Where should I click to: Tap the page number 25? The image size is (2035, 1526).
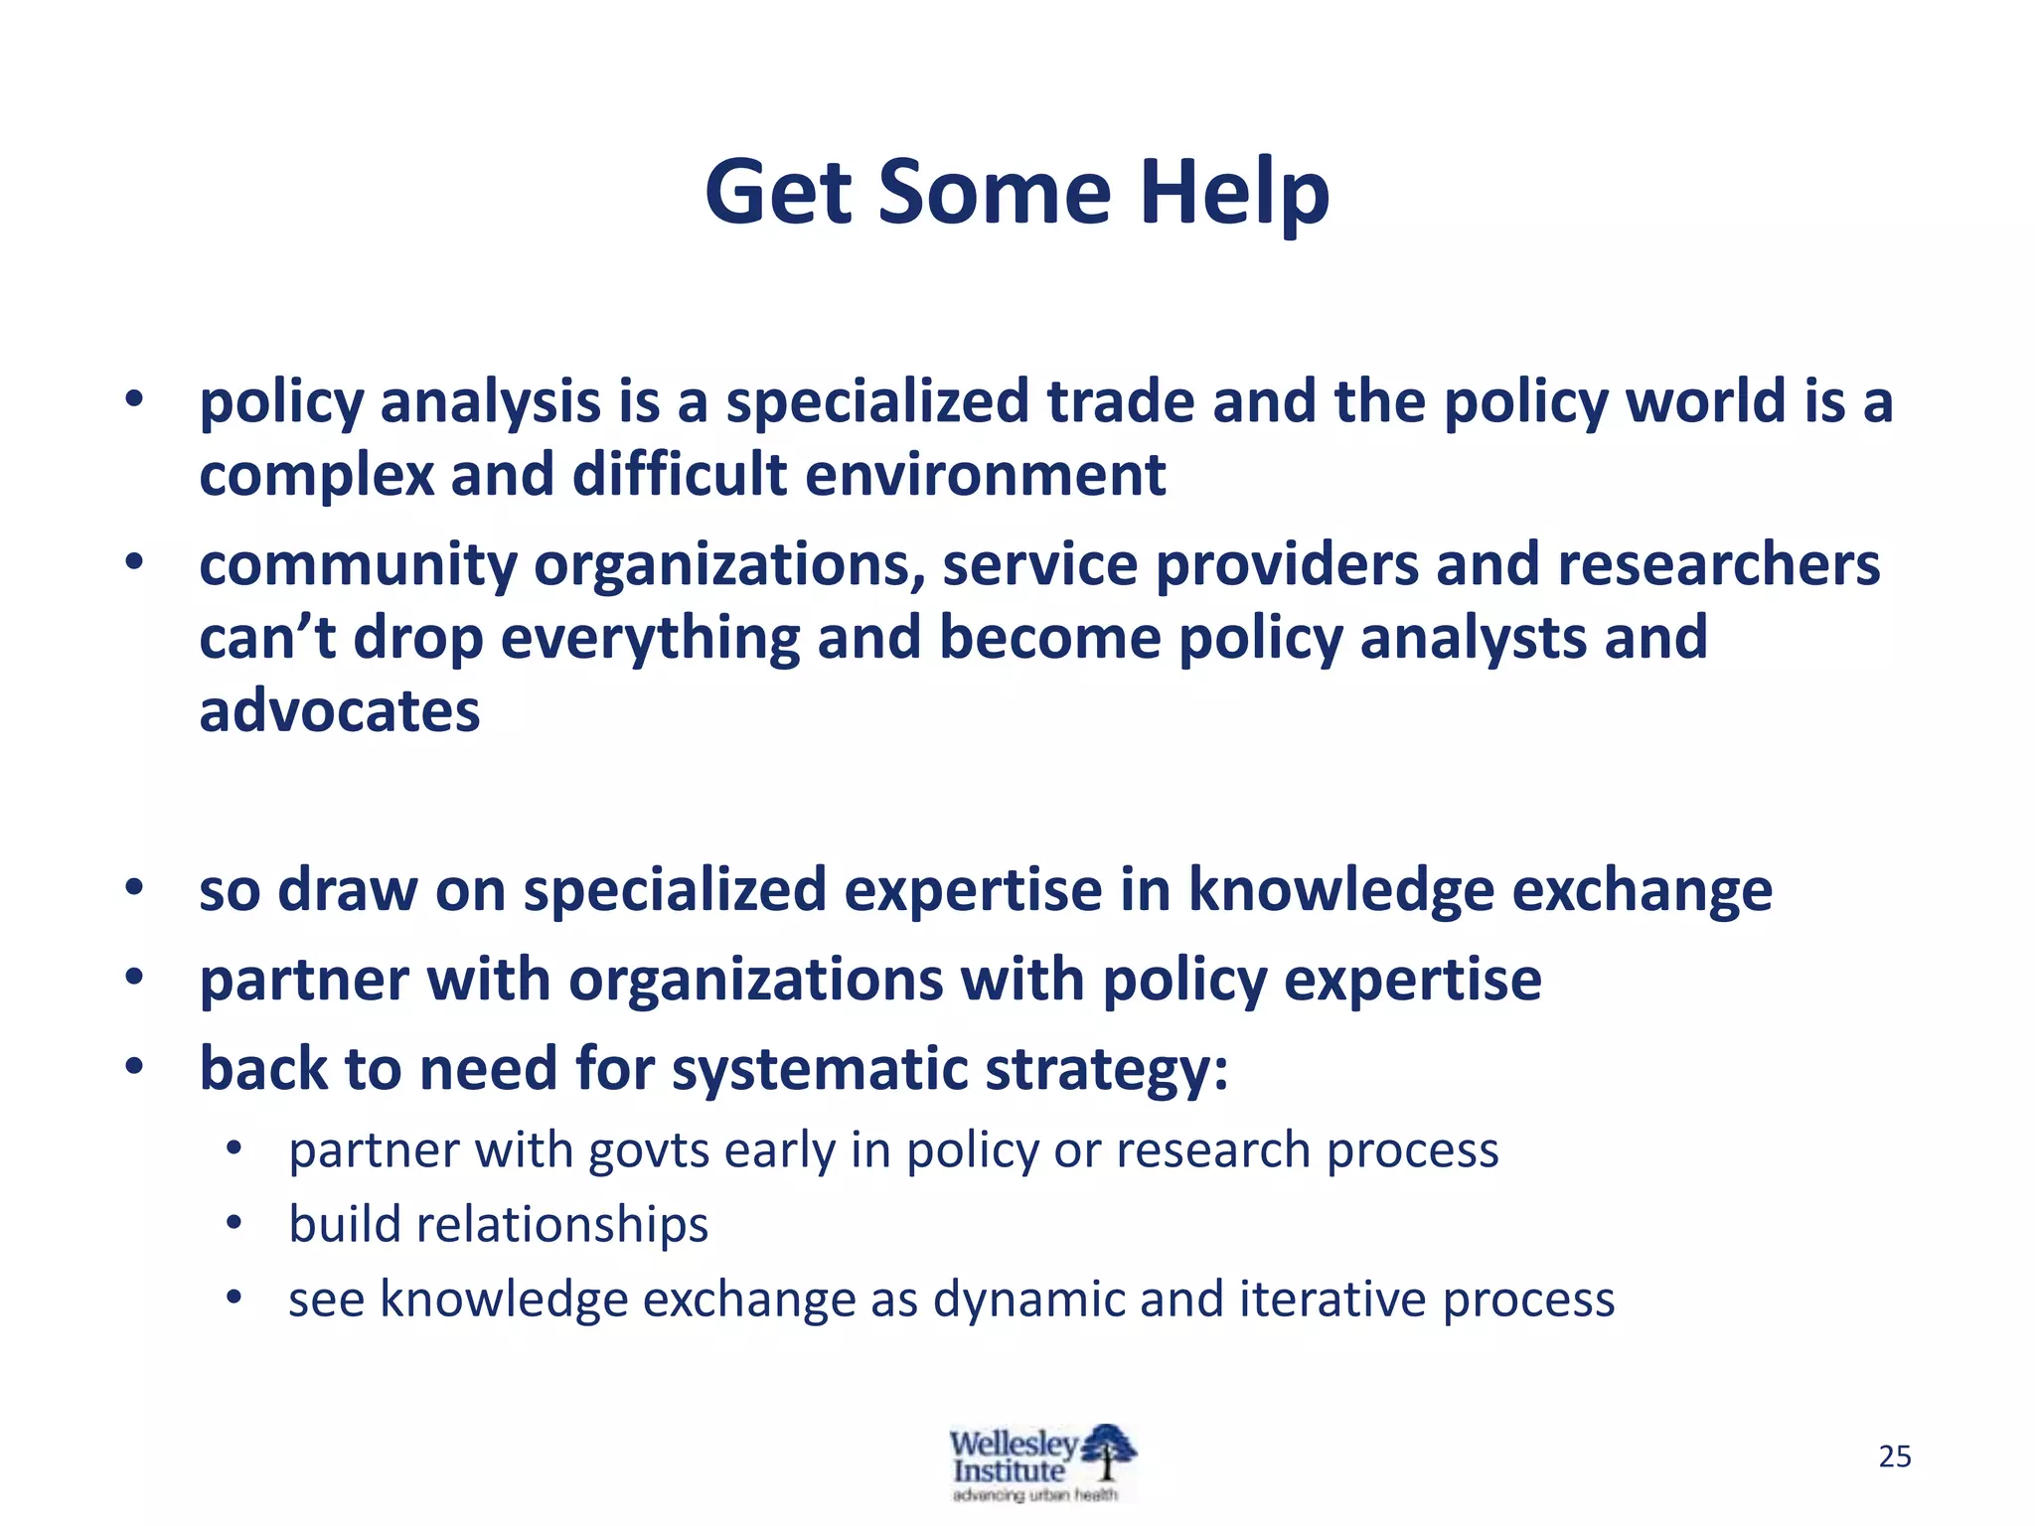coord(1895,1456)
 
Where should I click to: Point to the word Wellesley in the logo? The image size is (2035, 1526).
coord(1012,1443)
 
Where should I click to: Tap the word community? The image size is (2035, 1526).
coord(358,566)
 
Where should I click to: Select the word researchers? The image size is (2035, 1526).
coord(1718,564)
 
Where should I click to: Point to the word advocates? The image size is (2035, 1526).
coord(340,711)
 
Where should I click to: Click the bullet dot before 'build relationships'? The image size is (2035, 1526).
coord(234,1223)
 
